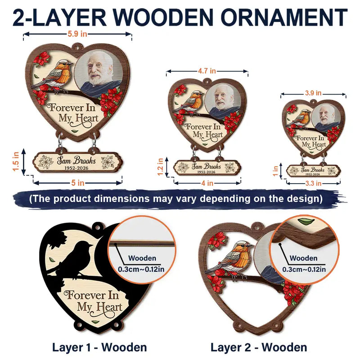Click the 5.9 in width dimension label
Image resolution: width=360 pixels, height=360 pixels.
(x=77, y=34)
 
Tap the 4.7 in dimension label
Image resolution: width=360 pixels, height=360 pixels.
(x=207, y=71)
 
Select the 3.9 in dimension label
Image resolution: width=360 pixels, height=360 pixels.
(x=313, y=93)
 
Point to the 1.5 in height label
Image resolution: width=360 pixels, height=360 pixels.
(x=16, y=162)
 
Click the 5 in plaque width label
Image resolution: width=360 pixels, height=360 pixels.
(x=77, y=183)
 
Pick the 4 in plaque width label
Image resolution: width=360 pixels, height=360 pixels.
(x=207, y=183)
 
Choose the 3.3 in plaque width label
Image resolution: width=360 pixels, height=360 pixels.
(x=313, y=184)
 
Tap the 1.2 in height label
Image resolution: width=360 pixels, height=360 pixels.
(x=161, y=166)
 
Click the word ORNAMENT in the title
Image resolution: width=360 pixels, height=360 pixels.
(x=284, y=17)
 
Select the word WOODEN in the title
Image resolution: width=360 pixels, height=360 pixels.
(x=163, y=17)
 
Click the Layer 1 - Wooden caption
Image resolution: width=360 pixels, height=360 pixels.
(x=99, y=347)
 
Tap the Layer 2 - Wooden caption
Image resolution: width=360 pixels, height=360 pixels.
(x=259, y=347)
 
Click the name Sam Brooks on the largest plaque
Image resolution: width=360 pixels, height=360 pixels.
(x=76, y=160)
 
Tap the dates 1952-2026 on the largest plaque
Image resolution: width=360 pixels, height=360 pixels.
(x=76, y=168)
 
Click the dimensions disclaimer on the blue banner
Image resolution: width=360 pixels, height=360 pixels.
(x=176, y=198)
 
